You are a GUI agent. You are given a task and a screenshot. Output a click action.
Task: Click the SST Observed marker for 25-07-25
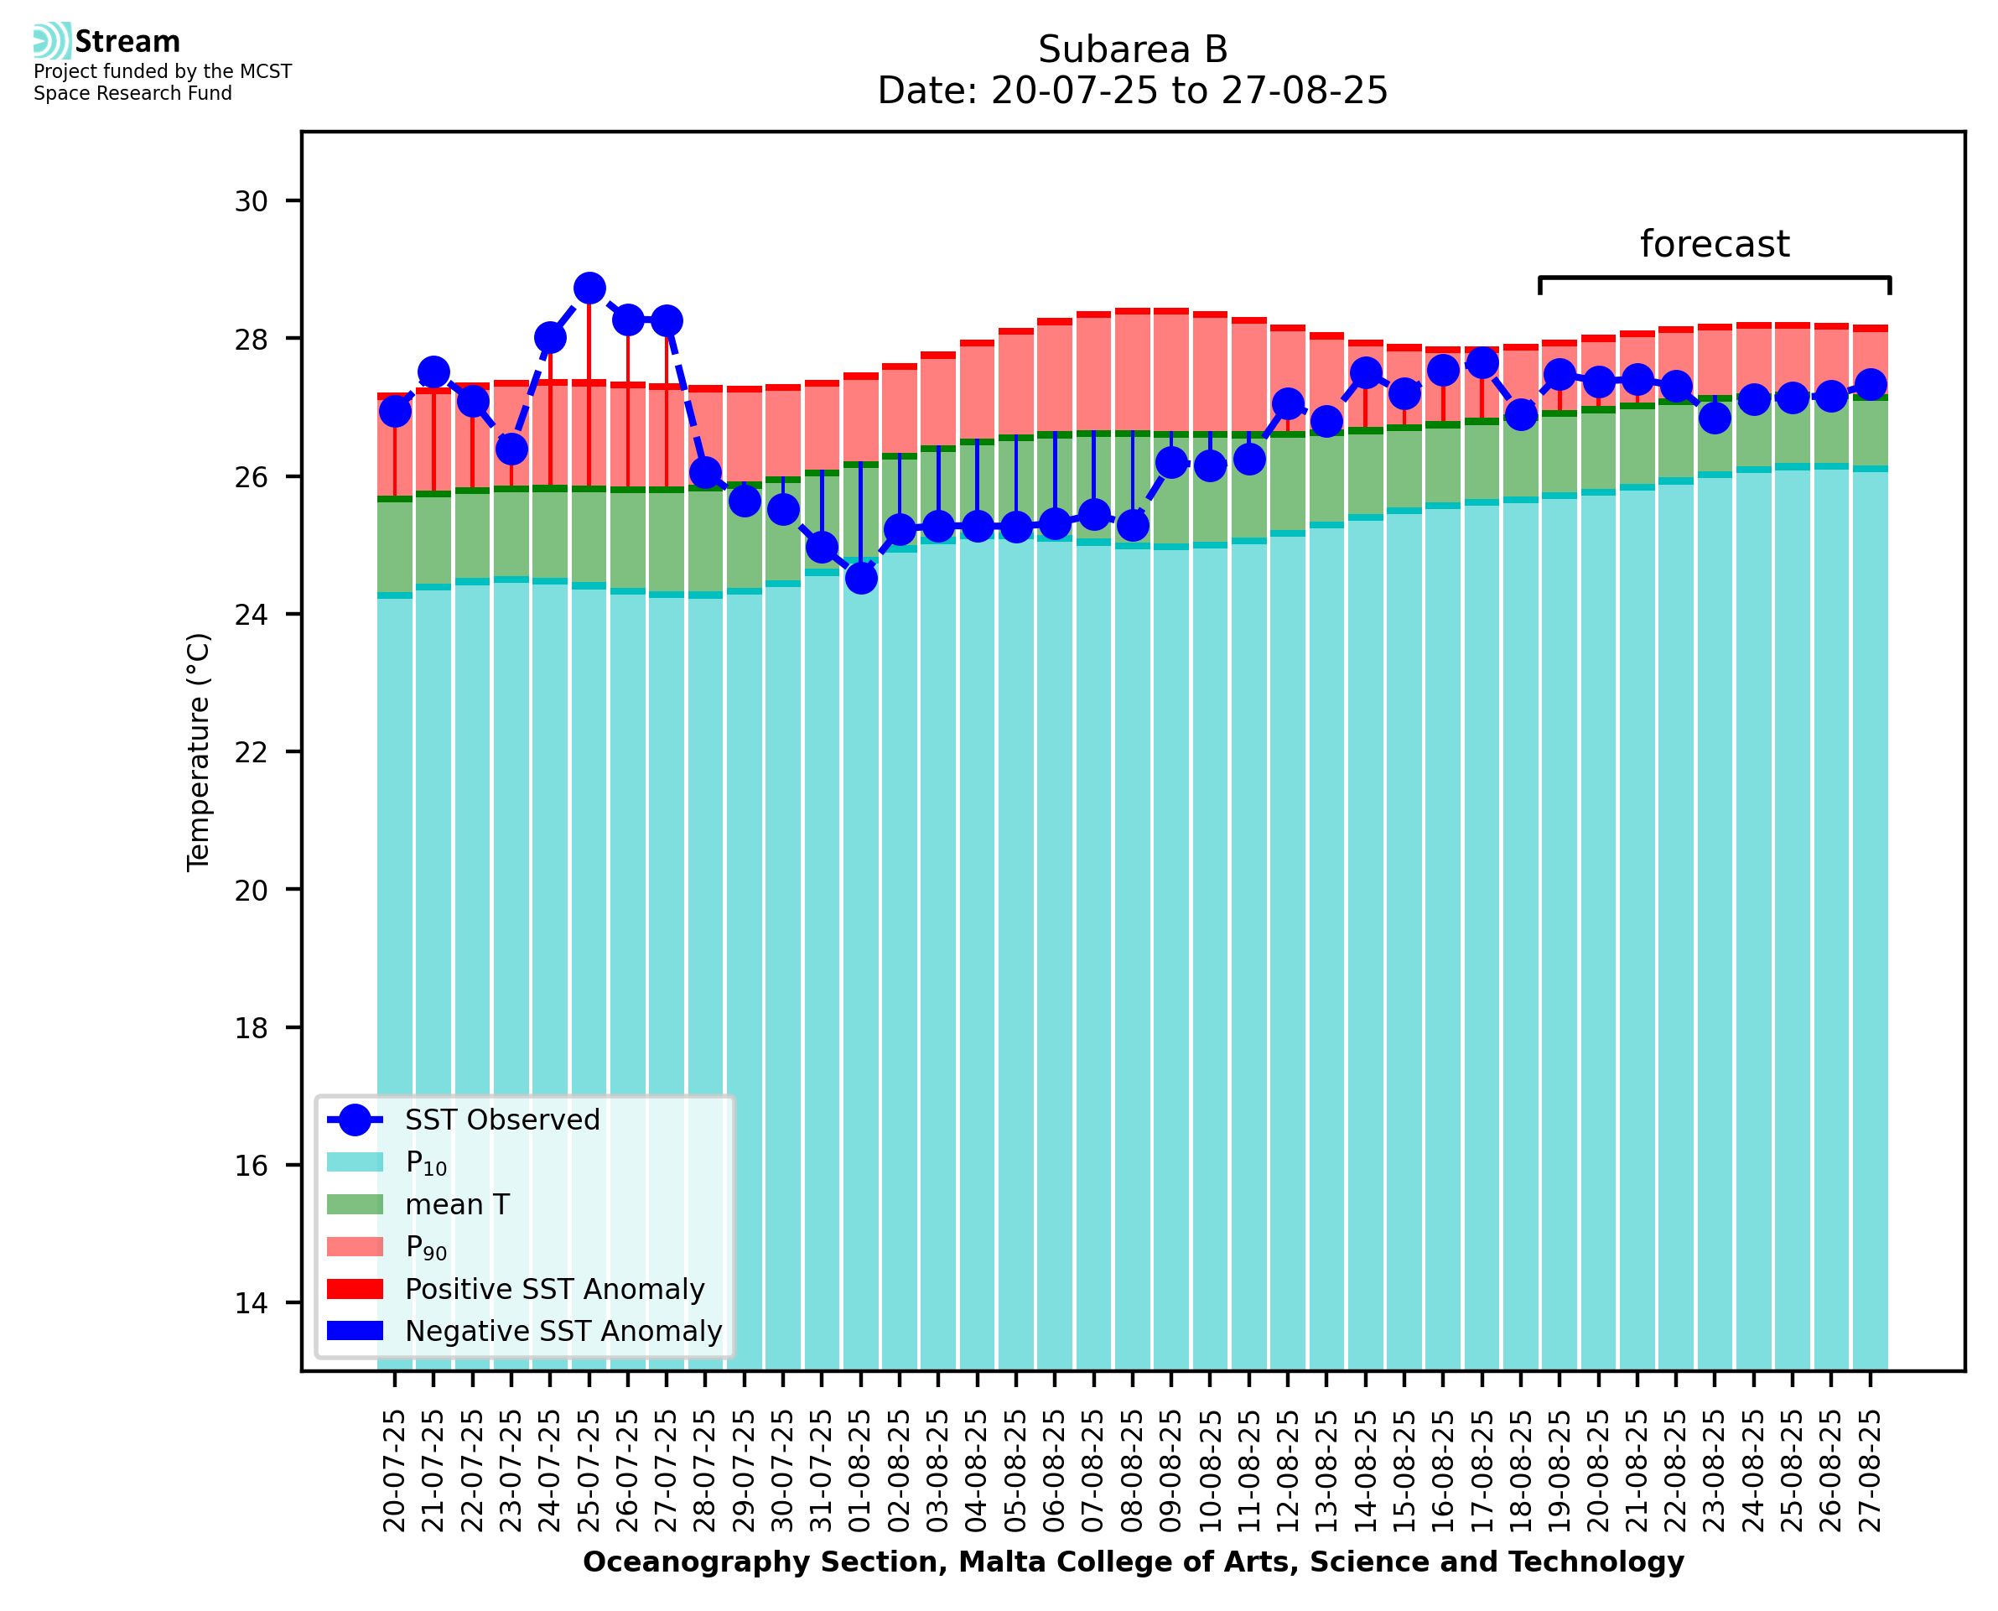(x=589, y=288)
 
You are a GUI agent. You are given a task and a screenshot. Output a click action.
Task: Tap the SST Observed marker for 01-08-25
(x=861, y=578)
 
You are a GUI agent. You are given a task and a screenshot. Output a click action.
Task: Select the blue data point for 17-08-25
(x=1482, y=363)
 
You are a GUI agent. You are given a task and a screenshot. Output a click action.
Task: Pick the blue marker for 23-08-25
(x=1714, y=418)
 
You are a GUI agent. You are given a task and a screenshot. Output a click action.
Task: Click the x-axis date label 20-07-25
(x=394, y=1471)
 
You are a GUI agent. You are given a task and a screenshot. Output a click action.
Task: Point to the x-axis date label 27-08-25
(x=1870, y=1471)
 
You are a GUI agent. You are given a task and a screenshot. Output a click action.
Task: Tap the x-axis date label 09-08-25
(x=1170, y=1471)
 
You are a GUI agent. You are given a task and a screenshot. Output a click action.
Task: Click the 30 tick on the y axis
(x=252, y=201)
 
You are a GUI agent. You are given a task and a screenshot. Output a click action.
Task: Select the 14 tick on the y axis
(x=252, y=1303)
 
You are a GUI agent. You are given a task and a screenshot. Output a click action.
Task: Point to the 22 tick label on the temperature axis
(x=252, y=751)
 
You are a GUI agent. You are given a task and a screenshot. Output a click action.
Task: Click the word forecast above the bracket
(x=1714, y=244)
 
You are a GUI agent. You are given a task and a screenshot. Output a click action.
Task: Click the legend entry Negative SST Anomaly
(x=563, y=1331)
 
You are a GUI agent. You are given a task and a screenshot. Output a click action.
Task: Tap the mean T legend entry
(x=457, y=1204)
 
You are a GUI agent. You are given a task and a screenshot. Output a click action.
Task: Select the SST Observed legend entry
(x=502, y=1120)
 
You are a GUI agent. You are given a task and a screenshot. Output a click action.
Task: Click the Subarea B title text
(x=1133, y=49)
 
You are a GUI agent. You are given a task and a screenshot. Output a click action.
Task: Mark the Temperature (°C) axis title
(x=199, y=751)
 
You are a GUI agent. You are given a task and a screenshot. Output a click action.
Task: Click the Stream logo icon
(x=52, y=41)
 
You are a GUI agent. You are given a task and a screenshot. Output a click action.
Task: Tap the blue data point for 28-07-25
(x=705, y=472)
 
